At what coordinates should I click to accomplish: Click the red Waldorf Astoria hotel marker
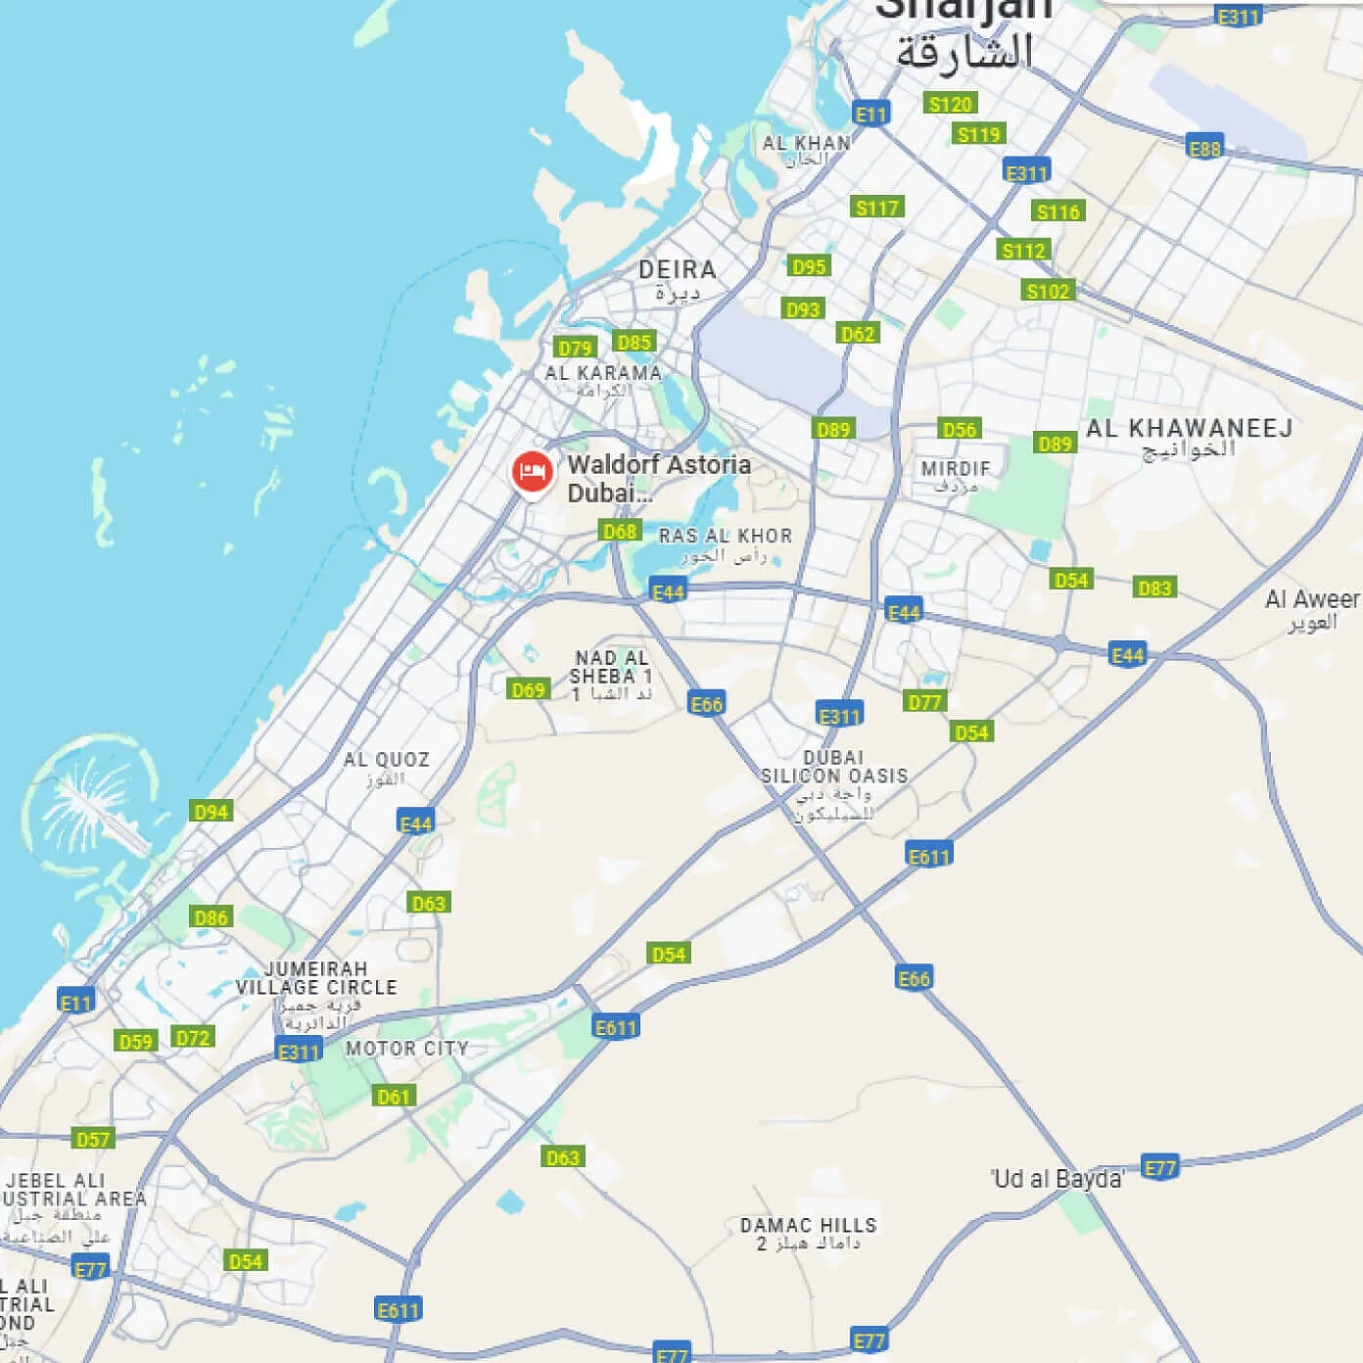tap(532, 472)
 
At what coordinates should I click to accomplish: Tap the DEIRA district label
tap(678, 270)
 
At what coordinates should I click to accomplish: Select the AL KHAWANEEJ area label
tap(1189, 429)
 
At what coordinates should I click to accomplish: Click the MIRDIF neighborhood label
tap(955, 469)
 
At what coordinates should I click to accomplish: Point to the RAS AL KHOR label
tap(725, 537)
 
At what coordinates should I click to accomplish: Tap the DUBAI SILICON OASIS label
tap(834, 767)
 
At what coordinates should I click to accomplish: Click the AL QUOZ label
tap(386, 760)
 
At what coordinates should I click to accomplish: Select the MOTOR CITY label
tap(406, 1049)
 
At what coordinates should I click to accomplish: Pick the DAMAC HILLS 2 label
tap(808, 1226)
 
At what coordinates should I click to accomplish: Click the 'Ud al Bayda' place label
tap(1057, 1179)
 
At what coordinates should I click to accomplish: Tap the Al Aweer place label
tap(1311, 599)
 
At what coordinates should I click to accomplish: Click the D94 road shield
tap(211, 812)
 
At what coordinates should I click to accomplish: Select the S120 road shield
tap(950, 104)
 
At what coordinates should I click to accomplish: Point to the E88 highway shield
tap(1204, 148)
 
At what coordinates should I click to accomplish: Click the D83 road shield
tap(1154, 588)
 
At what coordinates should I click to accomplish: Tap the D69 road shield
tap(528, 689)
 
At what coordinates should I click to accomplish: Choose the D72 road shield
tap(193, 1038)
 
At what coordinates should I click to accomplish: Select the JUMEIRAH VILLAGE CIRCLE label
tap(316, 978)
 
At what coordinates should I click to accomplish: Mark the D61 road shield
tap(394, 1097)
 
